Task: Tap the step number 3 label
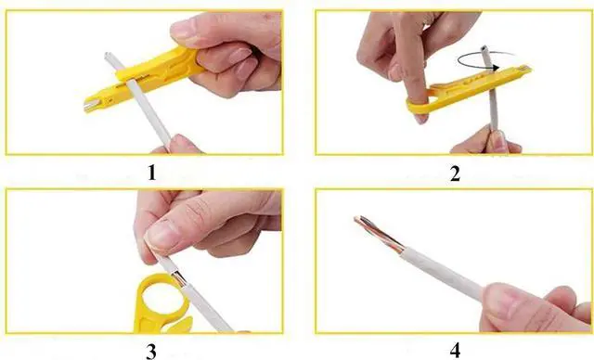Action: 150,350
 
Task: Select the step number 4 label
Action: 455,350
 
